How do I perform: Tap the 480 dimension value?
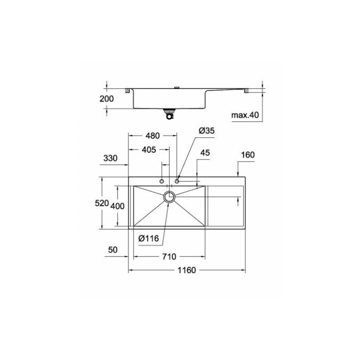point(152,136)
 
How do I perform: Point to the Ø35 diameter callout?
point(206,131)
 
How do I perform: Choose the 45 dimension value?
point(205,153)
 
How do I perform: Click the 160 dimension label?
point(247,155)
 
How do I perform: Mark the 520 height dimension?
point(101,203)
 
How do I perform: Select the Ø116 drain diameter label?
point(149,238)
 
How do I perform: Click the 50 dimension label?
point(113,250)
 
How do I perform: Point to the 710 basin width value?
point(170,256)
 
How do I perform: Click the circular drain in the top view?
point(169,196)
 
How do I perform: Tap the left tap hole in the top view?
point(161,182)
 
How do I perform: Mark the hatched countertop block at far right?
point(247,92)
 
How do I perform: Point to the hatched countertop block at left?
point(127,92)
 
